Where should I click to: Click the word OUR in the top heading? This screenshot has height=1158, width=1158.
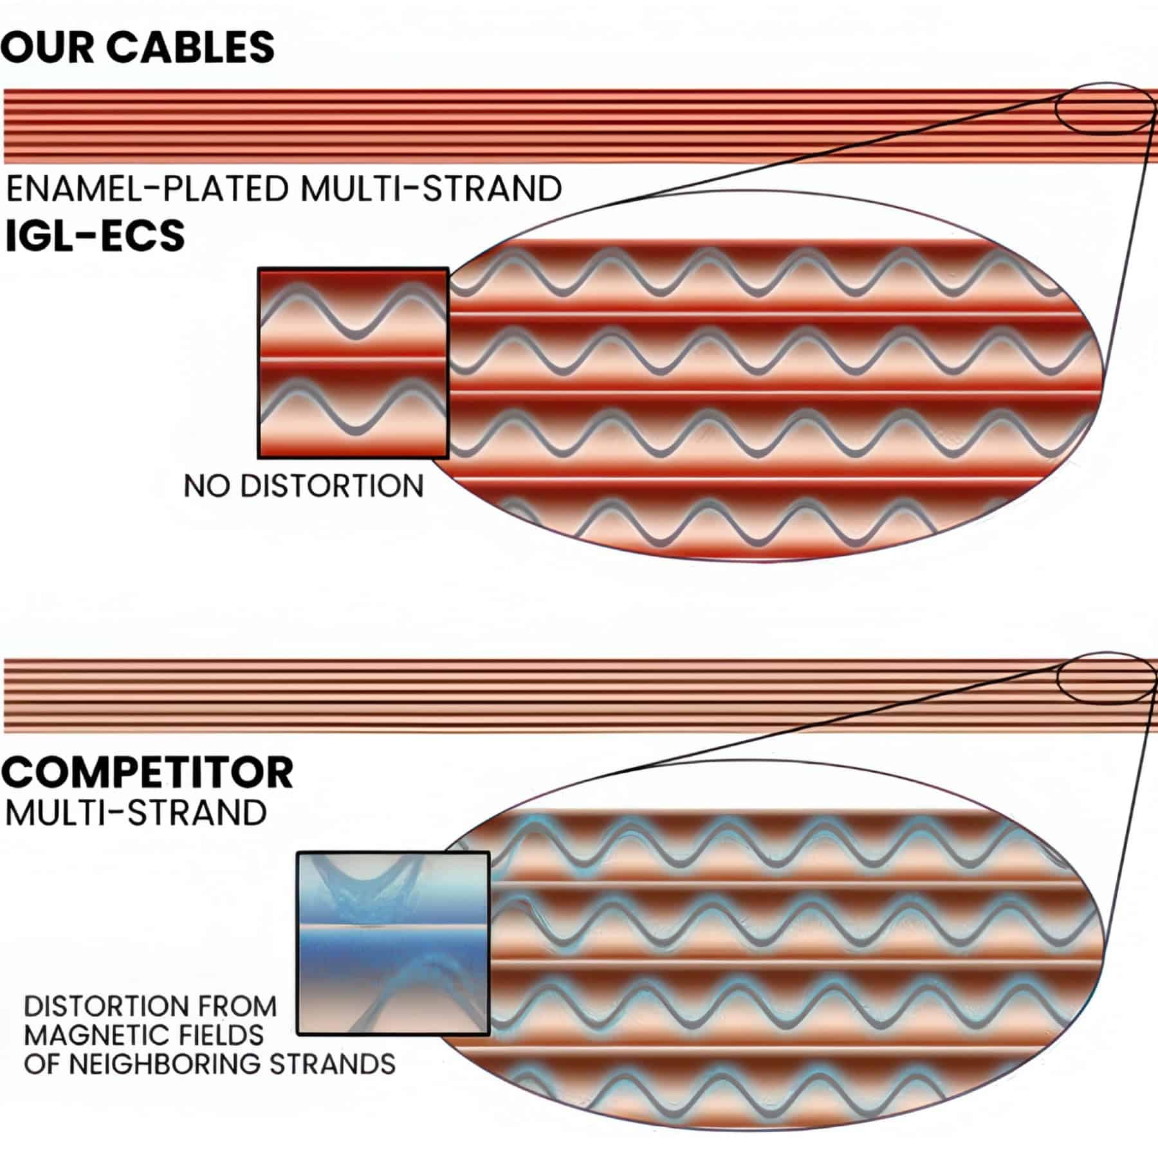46,47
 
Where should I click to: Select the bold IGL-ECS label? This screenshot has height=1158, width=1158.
95,235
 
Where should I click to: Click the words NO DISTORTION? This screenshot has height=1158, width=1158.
304,486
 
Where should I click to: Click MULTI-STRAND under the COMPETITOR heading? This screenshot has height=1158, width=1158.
136,813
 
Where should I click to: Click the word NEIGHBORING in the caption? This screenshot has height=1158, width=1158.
165,1064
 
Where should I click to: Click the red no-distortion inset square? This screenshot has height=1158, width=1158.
353,363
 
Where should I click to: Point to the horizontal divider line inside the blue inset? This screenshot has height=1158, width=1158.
393,928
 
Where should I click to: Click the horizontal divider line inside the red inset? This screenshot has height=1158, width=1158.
353,360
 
